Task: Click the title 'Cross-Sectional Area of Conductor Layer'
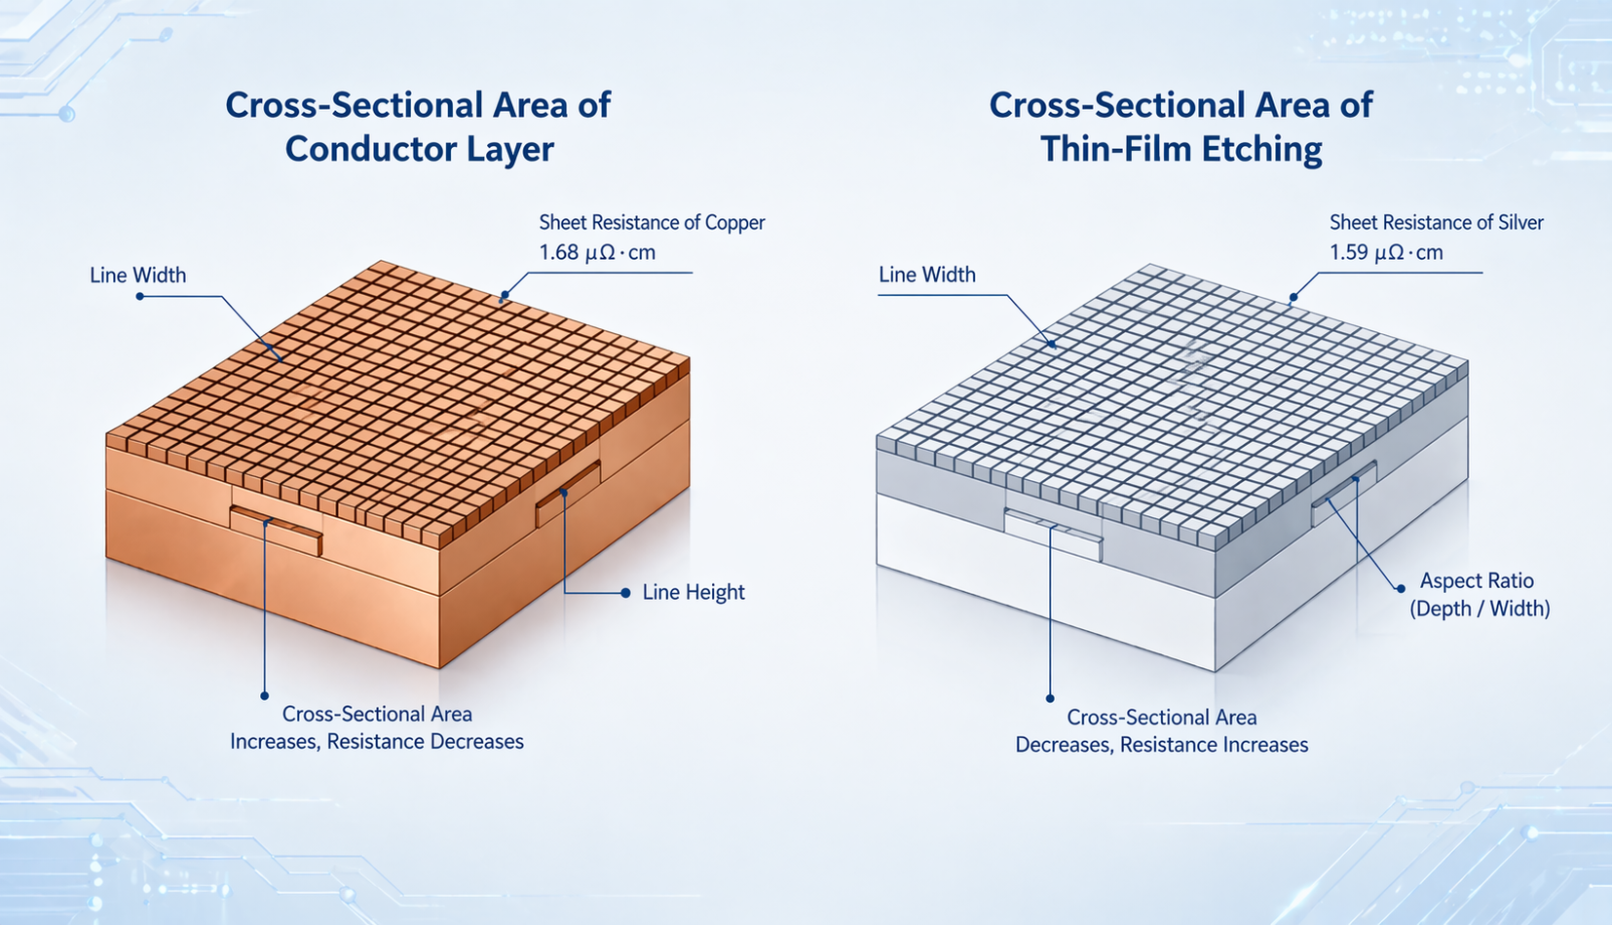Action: click(418, 127)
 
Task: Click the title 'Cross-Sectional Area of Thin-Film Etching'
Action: click(1181, 127)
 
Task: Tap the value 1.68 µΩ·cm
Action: click(597, 253)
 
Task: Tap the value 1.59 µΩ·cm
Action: click(1386, 253)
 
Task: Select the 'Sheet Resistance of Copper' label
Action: click(652, 222)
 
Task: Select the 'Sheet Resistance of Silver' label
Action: click(1436, 222)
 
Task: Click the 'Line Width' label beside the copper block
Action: click(137, 276)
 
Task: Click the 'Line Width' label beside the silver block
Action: click(926, 275)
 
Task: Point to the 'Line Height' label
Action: click(693, 592)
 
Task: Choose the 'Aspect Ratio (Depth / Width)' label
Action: click(1479, 594)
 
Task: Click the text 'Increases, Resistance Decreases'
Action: click(377, 742)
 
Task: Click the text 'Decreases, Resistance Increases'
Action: click(1161, 745)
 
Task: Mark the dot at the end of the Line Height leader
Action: click(625, 592)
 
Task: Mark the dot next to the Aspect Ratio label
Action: click(1401, 588)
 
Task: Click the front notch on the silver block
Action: click(1053, 535)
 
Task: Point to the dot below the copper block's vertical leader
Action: click(264, 696)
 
